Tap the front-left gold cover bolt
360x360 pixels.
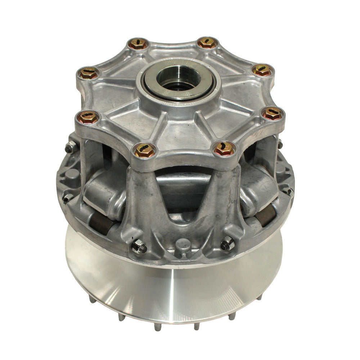pyautogui.click(x=145, y=150)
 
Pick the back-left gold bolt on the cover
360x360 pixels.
pyautogui.click(x=138, y=44)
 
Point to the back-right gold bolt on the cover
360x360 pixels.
pyautogui.click(x=207, y=43)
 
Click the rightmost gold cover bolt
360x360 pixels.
pyautogui.click(x=273, y=113)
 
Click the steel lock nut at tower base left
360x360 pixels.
pyautogui.click(x=139, y=247)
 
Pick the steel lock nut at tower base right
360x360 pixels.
pyautogui.click(x=227, y=245)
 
